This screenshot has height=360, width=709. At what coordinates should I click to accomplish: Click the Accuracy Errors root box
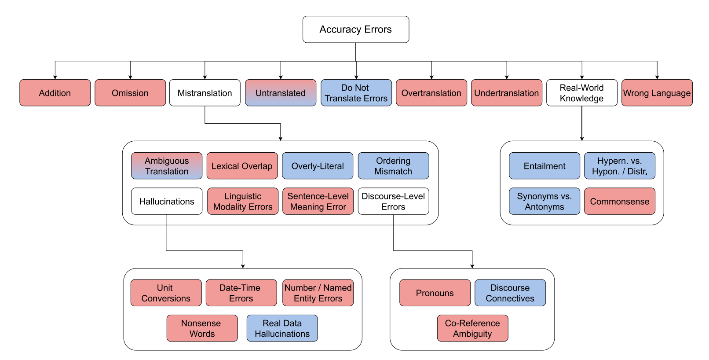(355, 29)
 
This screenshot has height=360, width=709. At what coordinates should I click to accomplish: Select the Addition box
(55, 93)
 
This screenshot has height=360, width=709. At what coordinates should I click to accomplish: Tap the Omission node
(130, 93)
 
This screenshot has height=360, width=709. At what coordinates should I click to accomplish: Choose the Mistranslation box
(205, 93)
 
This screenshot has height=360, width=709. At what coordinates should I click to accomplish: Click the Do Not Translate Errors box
(356, 93)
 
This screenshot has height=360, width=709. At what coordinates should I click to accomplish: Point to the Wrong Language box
(657, 93)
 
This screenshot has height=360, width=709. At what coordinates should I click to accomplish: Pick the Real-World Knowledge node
(581, 93)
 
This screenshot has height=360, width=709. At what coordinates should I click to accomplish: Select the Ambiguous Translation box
(167, 166)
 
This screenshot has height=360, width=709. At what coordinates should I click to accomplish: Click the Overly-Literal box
(318, 166)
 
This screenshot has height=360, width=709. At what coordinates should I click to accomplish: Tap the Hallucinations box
(167, 201)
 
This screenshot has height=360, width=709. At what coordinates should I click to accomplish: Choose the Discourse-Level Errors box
(393, 201)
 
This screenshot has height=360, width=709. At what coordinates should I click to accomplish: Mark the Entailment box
(545, 166)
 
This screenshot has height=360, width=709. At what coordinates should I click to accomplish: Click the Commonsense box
(619, 201)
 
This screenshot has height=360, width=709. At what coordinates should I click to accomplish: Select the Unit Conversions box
(166, 293)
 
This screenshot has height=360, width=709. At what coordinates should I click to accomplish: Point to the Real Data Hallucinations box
(282, 328)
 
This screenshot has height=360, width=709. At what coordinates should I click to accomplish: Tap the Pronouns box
(435, 293)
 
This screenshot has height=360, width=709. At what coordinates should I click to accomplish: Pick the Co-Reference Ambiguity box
(472, 328)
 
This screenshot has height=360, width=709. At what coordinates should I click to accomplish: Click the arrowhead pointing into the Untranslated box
(281, 77)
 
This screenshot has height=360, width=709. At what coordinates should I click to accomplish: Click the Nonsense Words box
(202, 328)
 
